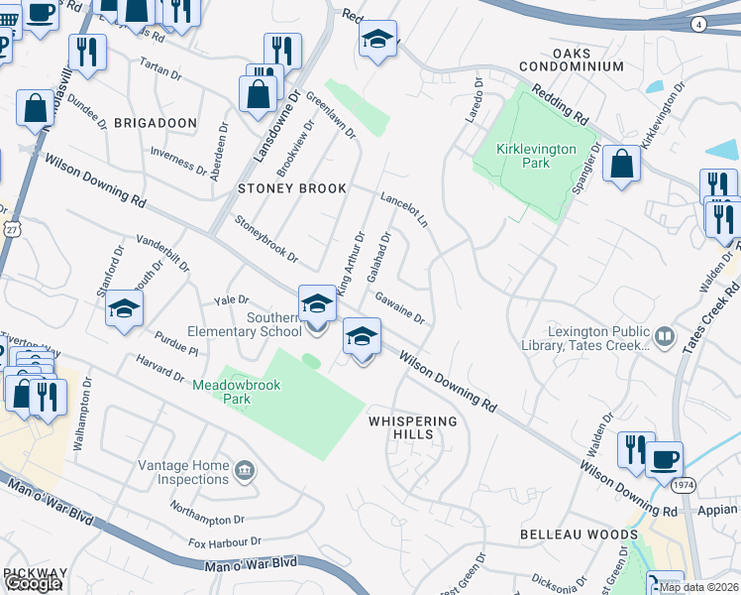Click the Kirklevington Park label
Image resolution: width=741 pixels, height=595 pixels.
click(x=538, y=156)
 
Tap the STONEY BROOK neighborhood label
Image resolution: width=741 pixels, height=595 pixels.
click(x=291, y=187)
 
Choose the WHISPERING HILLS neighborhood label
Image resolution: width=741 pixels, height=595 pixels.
click(x=414, y=427)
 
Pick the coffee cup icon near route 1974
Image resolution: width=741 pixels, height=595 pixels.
click(x=664, y=459)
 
